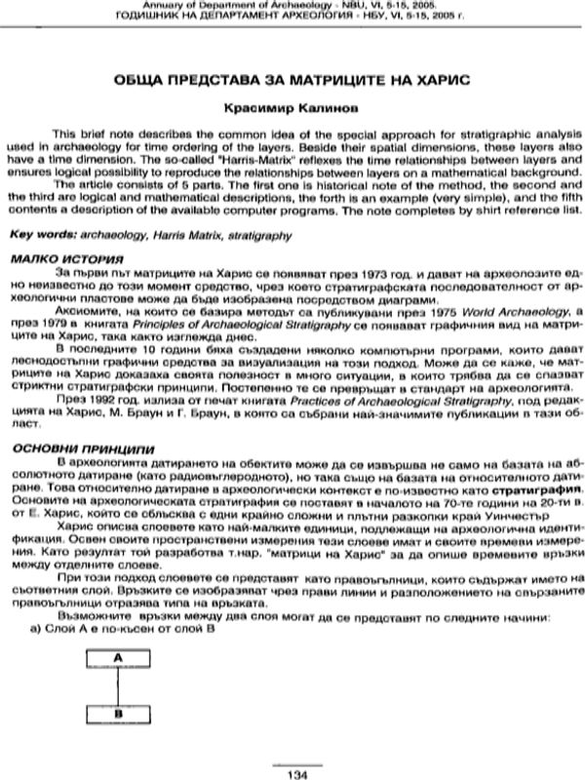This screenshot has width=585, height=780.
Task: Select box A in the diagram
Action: tap(117, 659)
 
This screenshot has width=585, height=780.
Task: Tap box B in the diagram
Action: tap(117, 713)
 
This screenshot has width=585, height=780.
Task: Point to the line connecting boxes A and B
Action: tap(117, 685)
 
